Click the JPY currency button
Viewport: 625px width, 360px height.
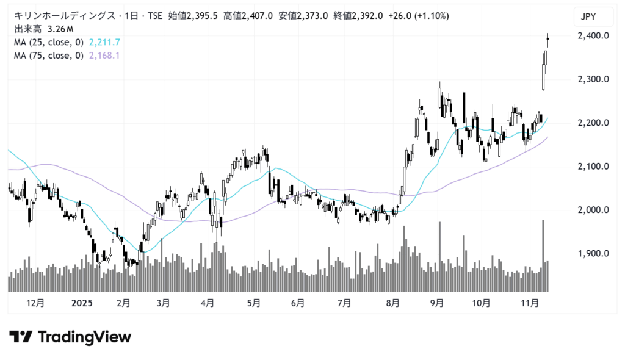[588, 16]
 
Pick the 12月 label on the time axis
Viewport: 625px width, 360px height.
[36, 303]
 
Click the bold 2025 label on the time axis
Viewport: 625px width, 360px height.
[81, 303]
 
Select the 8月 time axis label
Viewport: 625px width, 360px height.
[393, 303]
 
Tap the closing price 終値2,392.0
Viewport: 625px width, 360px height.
[358, 16]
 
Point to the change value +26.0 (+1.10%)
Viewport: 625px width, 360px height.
[415, 16]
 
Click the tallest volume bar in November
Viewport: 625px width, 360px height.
[543, 256]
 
